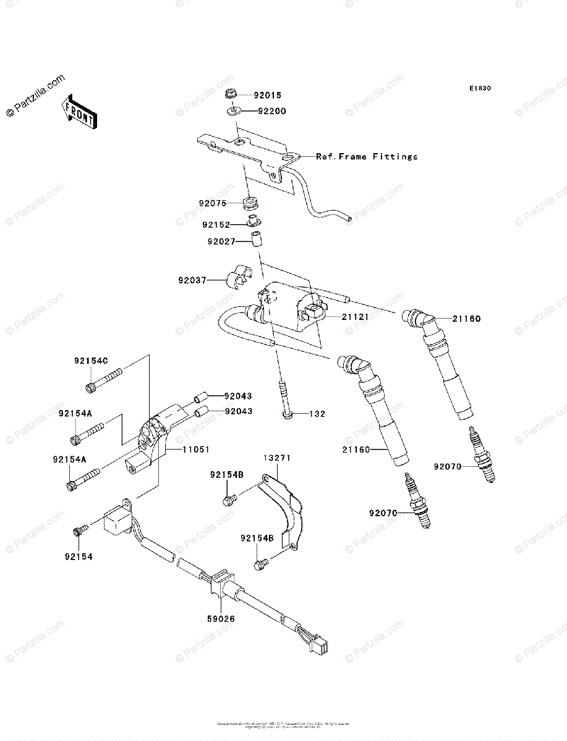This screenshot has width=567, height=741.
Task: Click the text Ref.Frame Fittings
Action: [367, 157]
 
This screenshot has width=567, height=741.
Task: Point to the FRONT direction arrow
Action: [78, 112]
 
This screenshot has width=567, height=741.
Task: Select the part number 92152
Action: [215, 225]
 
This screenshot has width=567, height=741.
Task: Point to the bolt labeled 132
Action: [285, 401]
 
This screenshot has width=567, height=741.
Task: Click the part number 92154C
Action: [91, 361]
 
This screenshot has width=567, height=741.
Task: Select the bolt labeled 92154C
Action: [102, 380]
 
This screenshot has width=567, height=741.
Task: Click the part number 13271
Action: [278, 458]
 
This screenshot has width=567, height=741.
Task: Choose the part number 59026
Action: [221, 618]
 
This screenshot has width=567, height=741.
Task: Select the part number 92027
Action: [221, 241]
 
